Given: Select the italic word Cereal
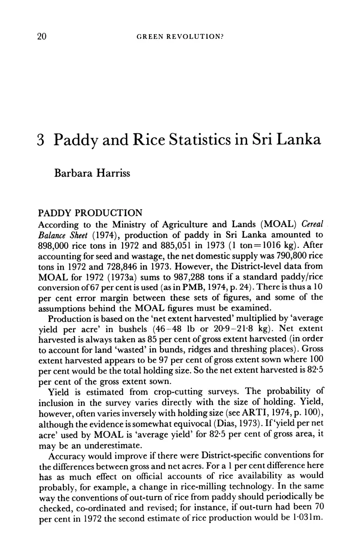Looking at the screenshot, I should pyautogui.click(x=302, y=226).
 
